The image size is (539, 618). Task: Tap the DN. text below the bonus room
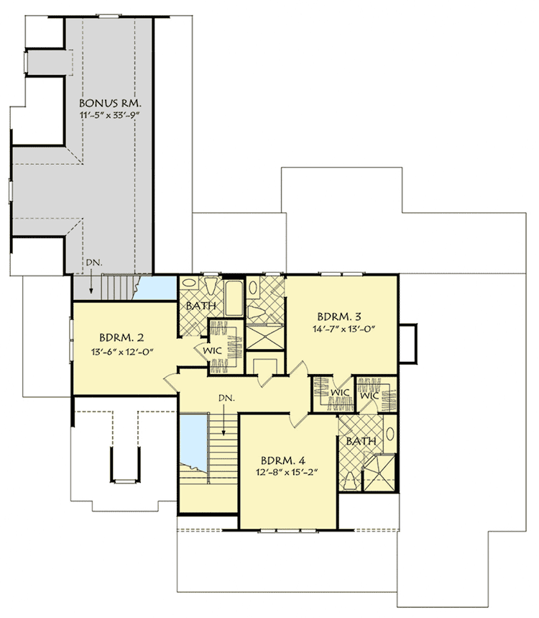tap(93, 263)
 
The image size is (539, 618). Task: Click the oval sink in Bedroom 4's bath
tap(389, 434)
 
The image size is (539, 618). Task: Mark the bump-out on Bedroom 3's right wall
tap(407, 343)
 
